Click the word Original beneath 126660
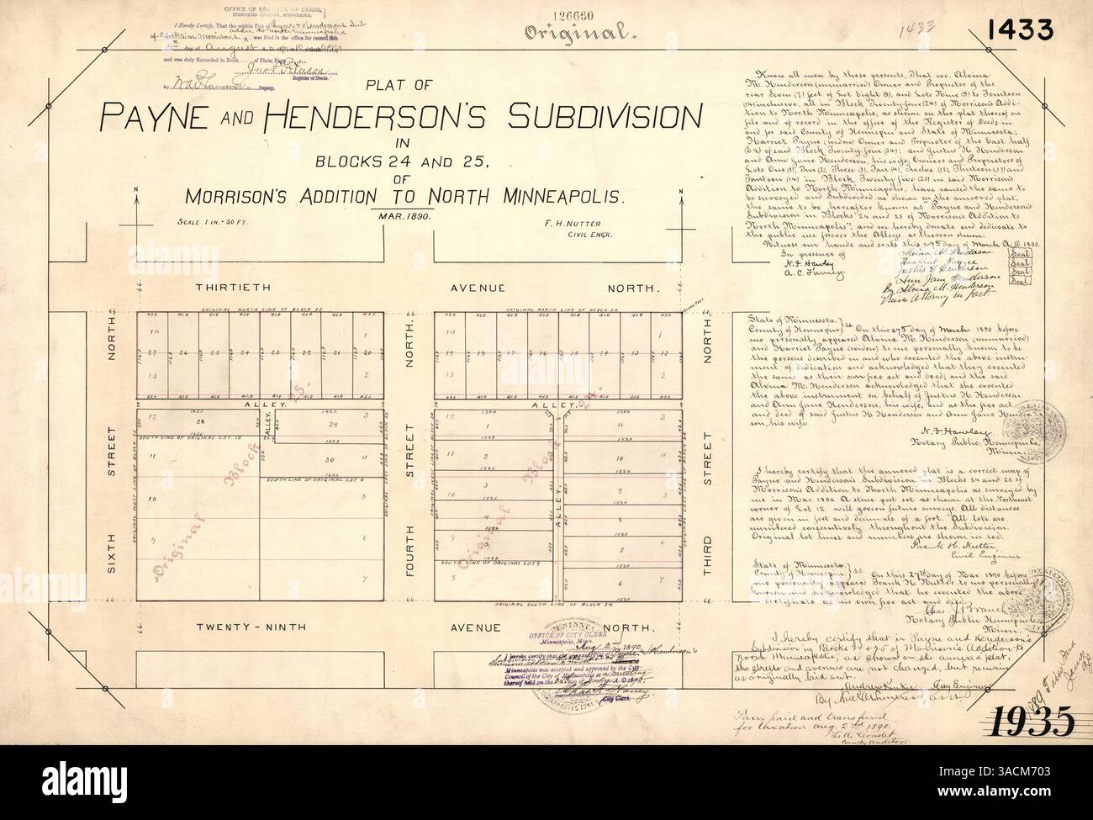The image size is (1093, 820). (x=577, y=34)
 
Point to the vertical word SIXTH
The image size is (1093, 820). (x=112, y=558)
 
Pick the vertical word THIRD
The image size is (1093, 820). (x=707, y=558)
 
